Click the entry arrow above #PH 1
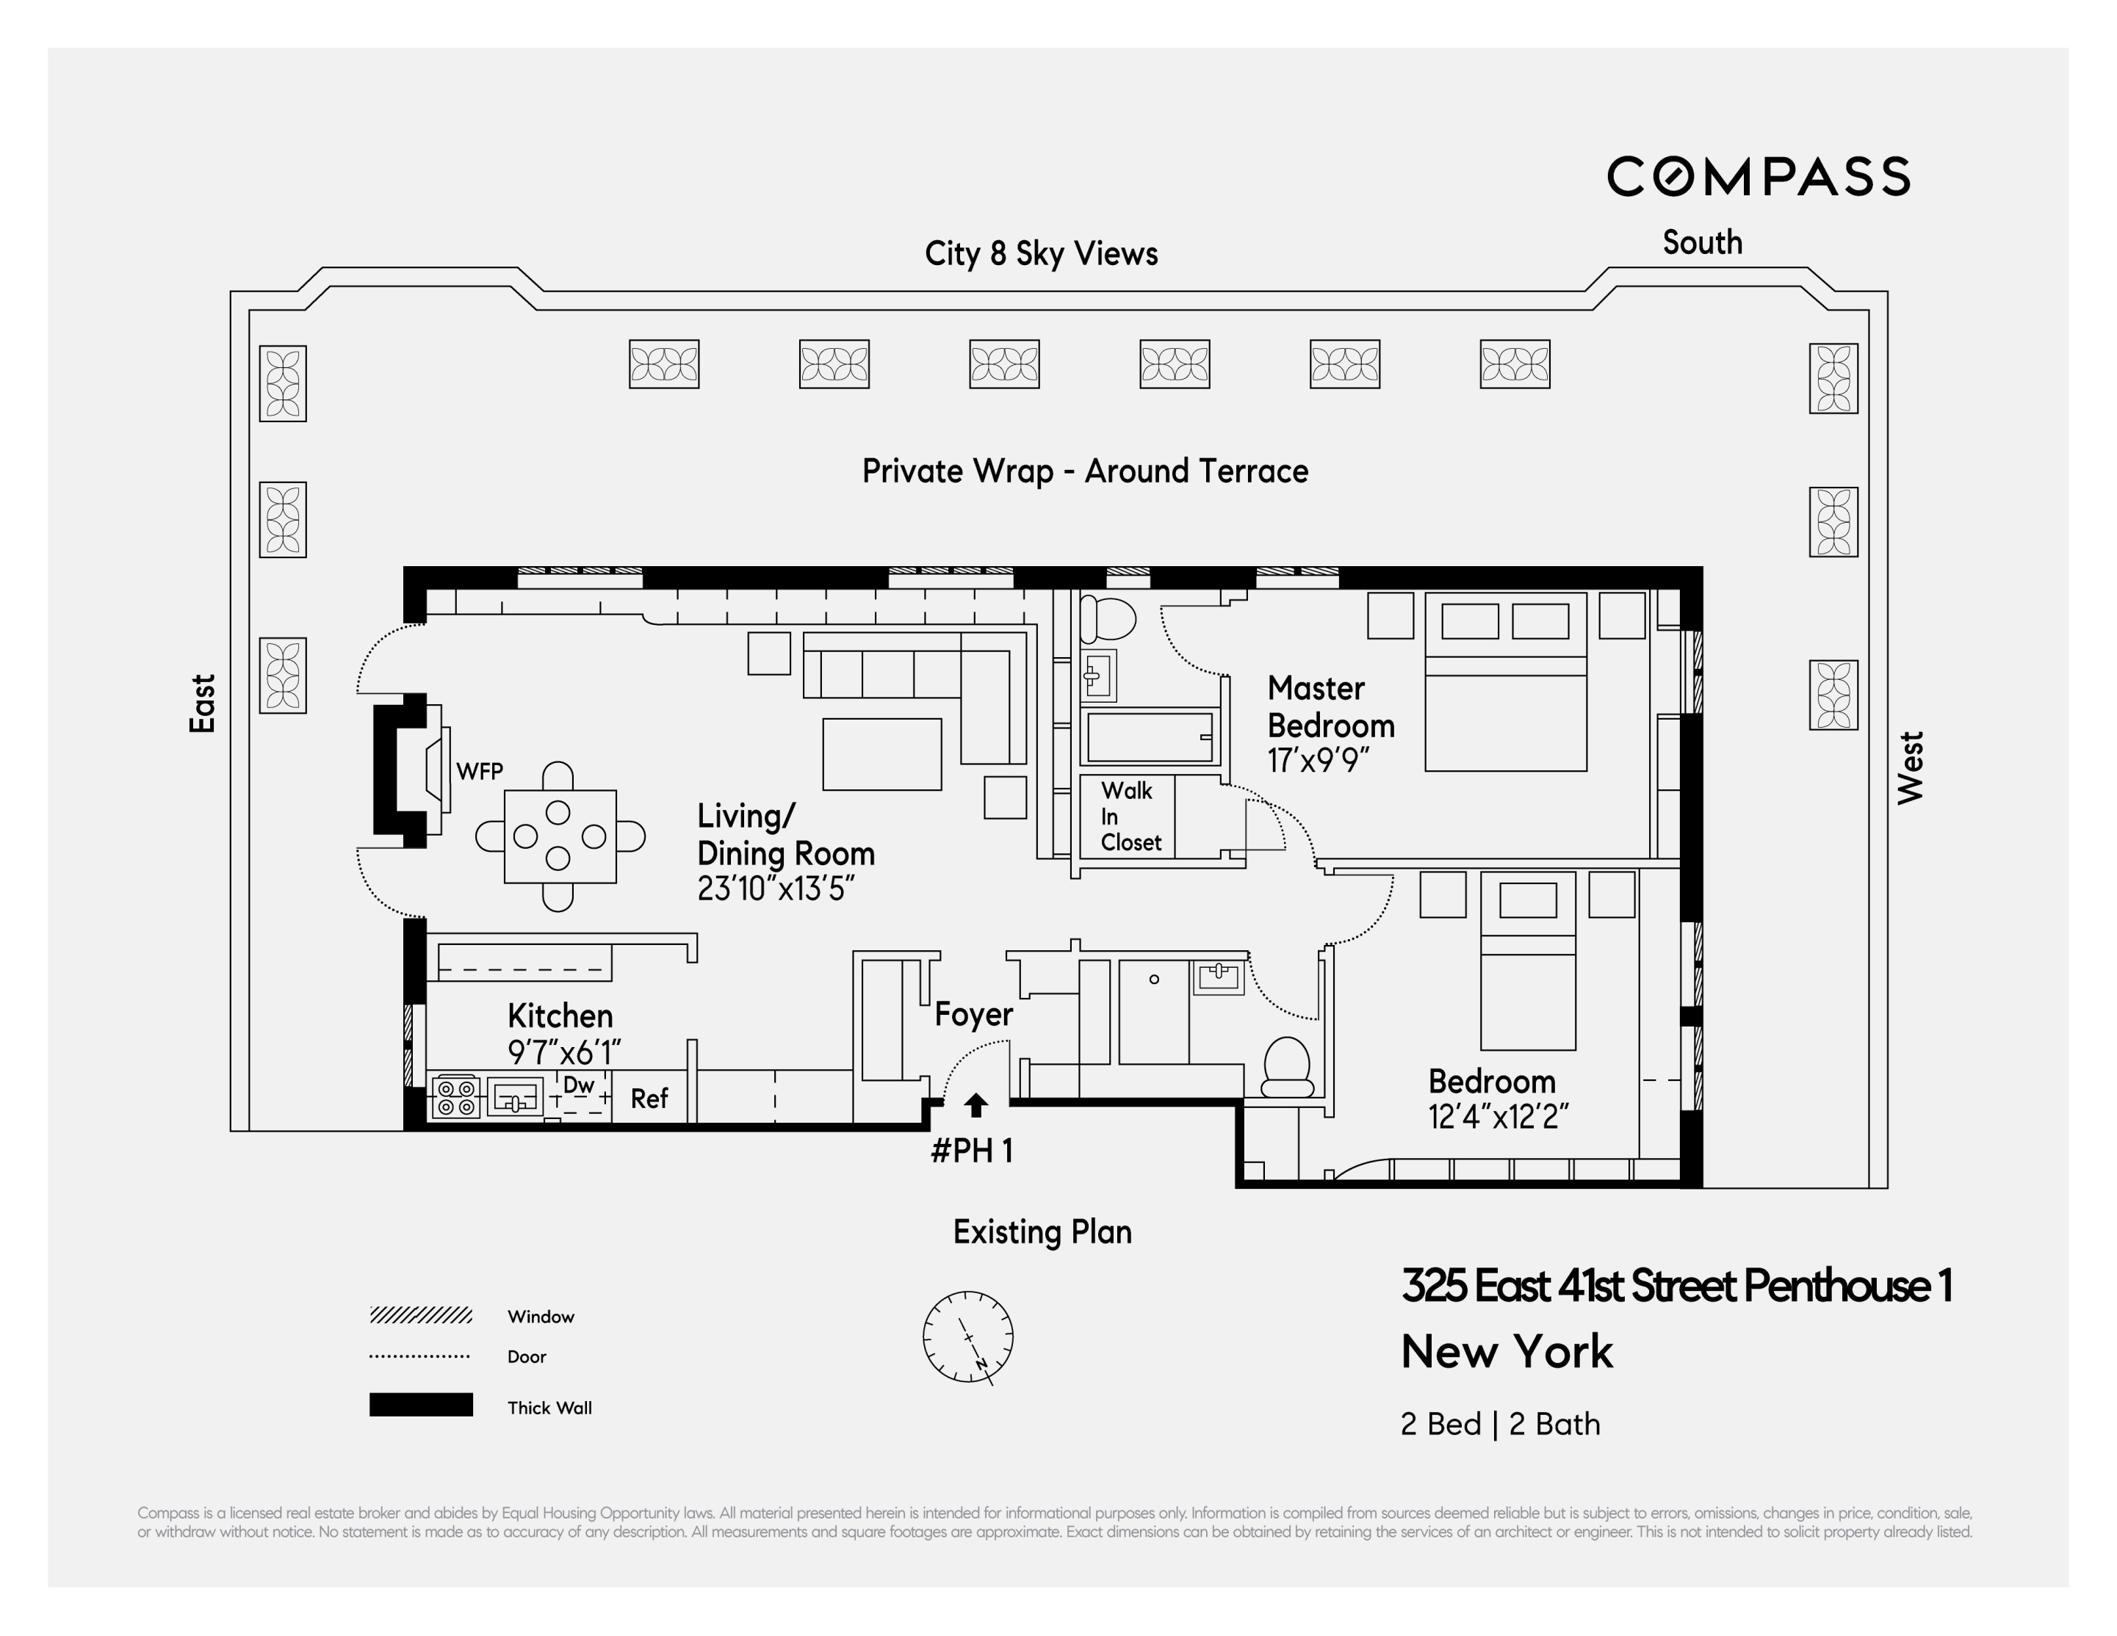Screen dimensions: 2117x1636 click(976, 1105)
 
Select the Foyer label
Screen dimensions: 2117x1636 click(973, 1014)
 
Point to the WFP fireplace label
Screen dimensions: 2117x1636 click(480, 772)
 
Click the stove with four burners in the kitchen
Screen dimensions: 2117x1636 click(455, 1097)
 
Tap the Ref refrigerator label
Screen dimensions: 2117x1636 click(649, 1098)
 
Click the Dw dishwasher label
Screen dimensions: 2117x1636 click(579, 1085)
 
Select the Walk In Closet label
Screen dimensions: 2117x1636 click(1129, 817)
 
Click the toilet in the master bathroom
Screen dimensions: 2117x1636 click(1107, 618)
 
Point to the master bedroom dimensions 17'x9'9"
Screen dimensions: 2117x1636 click(1319, 761)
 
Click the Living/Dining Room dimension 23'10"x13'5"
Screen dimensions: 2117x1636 click(776, 888)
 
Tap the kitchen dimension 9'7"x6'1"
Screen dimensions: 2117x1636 click(563, 1052)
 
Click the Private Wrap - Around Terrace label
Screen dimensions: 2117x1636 click(1085, 471)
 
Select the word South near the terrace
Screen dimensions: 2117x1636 click(1702, 242)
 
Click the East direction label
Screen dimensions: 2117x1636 click(201, 703)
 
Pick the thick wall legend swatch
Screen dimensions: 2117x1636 click(421, 1405)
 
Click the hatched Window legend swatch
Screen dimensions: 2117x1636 click(421, 1315)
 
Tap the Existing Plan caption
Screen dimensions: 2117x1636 click(1042, 1232)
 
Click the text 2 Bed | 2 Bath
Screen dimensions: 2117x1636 click(1499, 1424)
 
